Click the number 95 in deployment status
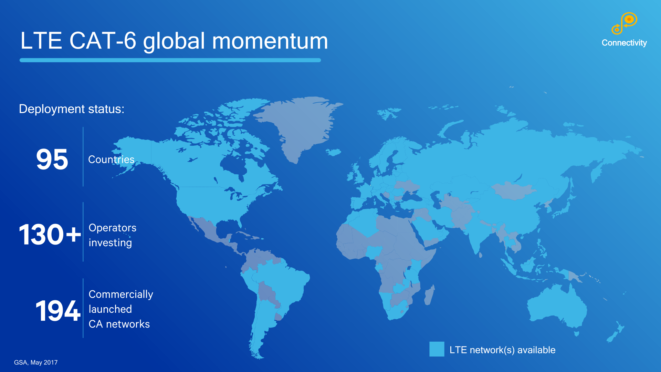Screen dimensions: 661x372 pos(52,159)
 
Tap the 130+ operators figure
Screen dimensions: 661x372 pos(50,235)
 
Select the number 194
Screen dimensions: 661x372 pos(58,311)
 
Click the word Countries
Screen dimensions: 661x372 pos(111,159)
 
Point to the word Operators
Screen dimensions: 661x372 pos(113,228)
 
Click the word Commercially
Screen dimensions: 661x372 pos(121,294)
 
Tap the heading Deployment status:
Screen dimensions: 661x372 pos(72,109)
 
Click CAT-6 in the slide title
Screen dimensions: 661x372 pos(103,41)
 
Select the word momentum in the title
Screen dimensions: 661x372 pos(270,41)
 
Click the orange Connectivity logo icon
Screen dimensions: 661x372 pos(624,23)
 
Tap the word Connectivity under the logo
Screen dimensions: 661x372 pos(624,43)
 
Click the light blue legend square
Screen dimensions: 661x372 pos(437,349)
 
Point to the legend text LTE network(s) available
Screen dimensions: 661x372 pos(502,350)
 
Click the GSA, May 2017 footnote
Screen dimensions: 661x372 pos(36,362)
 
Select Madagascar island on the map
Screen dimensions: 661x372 pos(429,295)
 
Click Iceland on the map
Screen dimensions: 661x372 pos(333,152)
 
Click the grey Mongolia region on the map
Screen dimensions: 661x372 pos(513,191)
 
